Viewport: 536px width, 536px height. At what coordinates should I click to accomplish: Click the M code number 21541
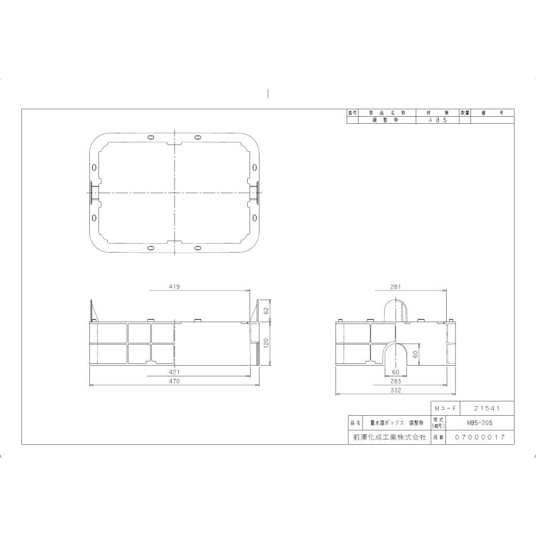pyautogui.click(x=485, y=409)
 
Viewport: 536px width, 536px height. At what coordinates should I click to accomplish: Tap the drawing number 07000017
pyautogui.click(x=480, y=437)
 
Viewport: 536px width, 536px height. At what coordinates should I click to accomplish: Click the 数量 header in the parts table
pyautogui.click(x=465, y=113)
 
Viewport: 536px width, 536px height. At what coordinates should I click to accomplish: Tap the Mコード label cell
pyautogui.click(x=445, y=409)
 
